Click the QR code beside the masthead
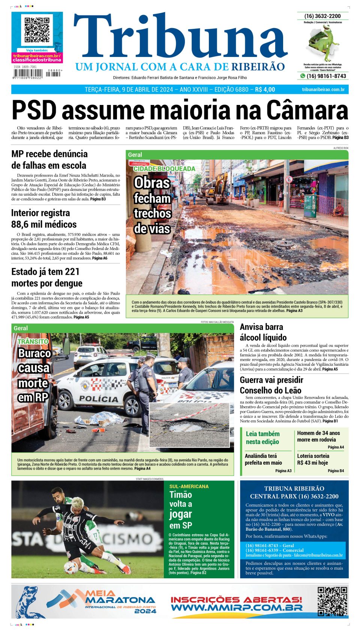click(x=37, y=30)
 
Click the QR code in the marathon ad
click(x=332, y=601)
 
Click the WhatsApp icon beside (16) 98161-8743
click(x=302, y=76)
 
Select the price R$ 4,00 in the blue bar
click(x=265, y=90)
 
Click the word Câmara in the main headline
click(x=307, y=111)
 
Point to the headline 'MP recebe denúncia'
click(x=49, y=154)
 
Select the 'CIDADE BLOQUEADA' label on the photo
click(x=164, y=169)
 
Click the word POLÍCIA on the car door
click(x=99, y=398)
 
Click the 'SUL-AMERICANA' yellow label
click(x=189, y=486)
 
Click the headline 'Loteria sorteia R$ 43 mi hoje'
click(x=313, y=459)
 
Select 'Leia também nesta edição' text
click(x=262, y=438)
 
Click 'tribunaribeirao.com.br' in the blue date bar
click(x=323, y=90)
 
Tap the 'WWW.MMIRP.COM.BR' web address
click(x=236, y=608)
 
